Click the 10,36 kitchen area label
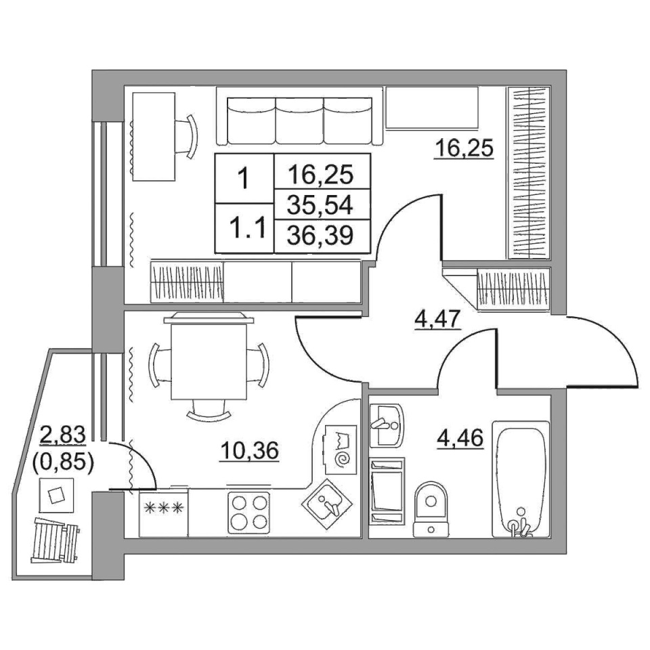pyautogui.click(x=250, y=451)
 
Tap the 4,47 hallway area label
pyautogui.click(x=438, y=320)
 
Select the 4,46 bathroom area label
pyautogui.click(x=460, y=438)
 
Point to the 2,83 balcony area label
pyautogui.click(x=62, y=435)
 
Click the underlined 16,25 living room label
pyautogui.click(x=464, y=148)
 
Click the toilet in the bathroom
pyautogui.click(x=431, y=509)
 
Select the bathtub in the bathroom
pyautogui.click(x=521, y=479)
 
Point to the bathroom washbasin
pyautogui.click(x=385, y=425)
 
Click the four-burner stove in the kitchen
pyautogui.click(x=248, y=513)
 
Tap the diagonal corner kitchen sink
pyautogui.click(x=326, y=503)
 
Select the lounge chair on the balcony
pyautogui.click(x=55, y=540)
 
